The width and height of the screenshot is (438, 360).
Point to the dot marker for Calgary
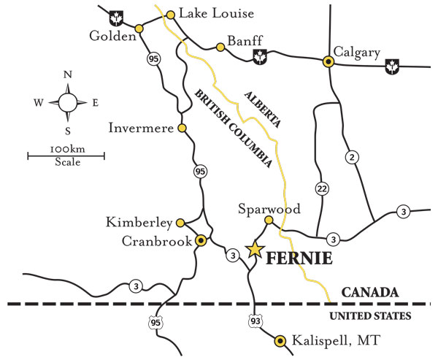[x=329, y=62]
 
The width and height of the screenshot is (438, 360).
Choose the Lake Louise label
[x=207, y=13]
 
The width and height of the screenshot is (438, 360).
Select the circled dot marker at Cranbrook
[x=201, y=240]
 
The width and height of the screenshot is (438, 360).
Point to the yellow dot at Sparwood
[x=268, y=220]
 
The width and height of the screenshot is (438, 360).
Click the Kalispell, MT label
[x=326, y=341]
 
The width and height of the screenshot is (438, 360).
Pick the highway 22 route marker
[x=320, y=189]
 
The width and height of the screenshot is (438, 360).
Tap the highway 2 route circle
[x=353, y=156]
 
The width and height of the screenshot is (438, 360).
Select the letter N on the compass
[x=67, y=74]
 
